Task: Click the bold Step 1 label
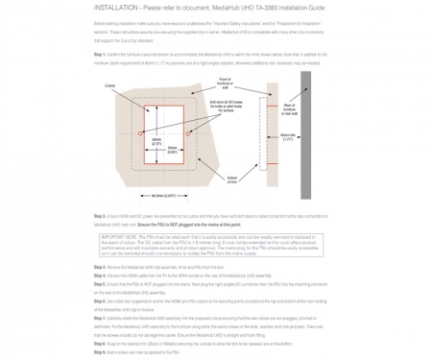99,54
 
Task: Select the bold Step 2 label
99,216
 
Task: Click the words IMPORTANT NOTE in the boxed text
119,234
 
